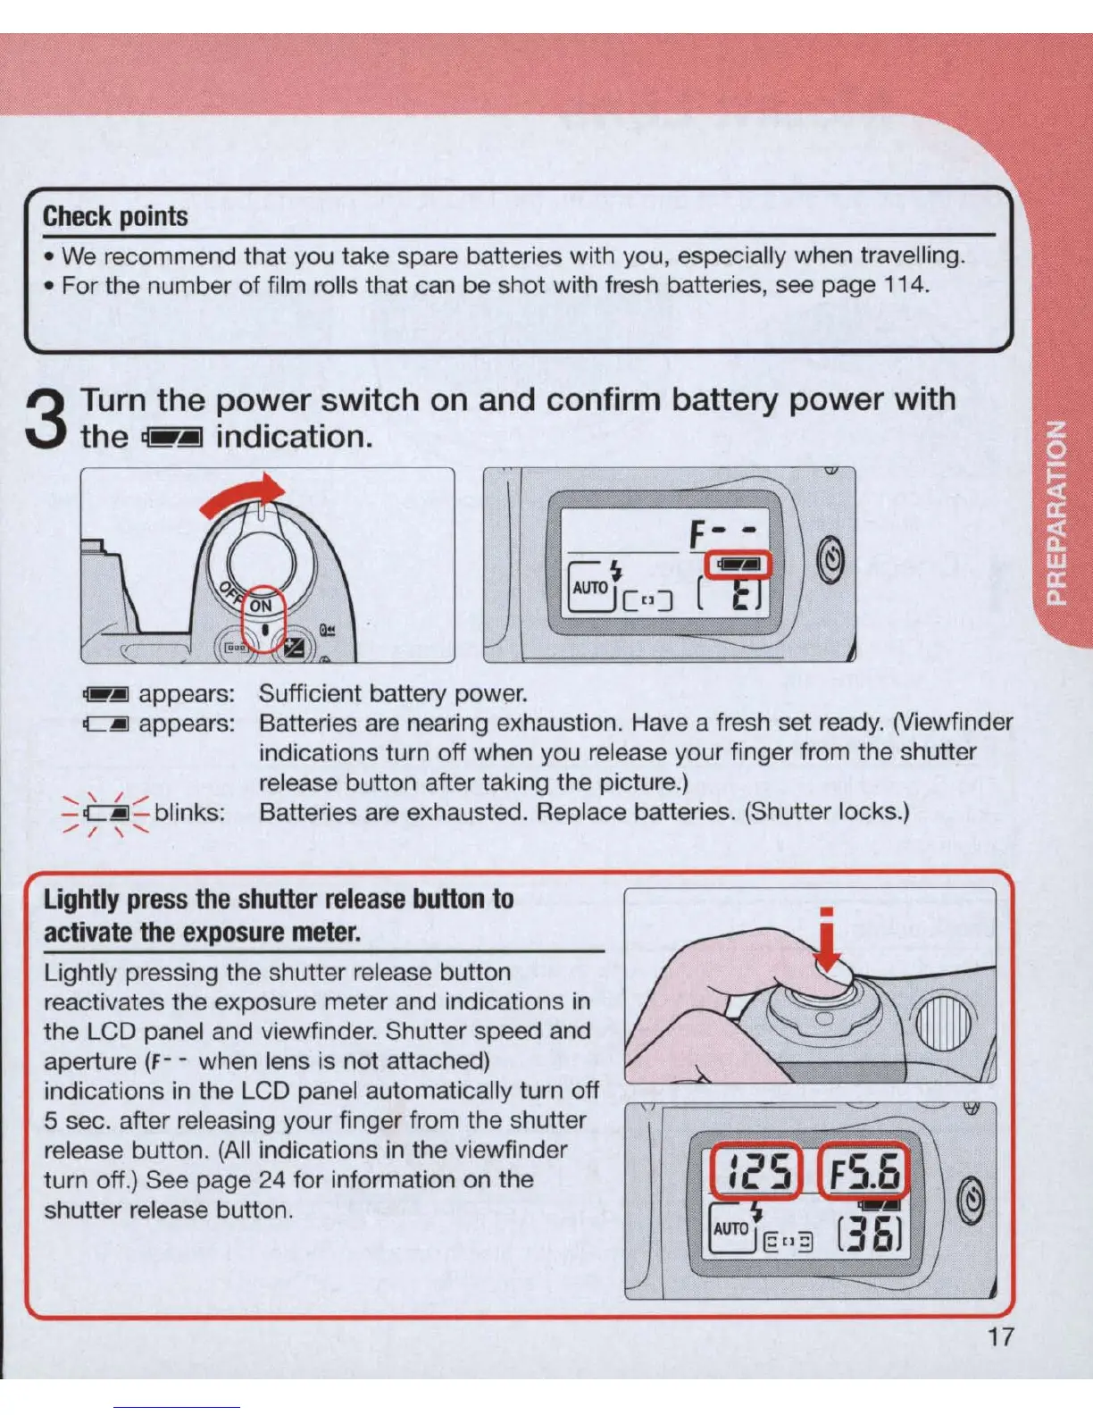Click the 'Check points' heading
(x=115, y=216)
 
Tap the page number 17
(x=1000, y=1336)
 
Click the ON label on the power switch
(x=261, y=606)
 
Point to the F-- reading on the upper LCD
(x=722, y=533)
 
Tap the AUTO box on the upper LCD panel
(x=590, y=588)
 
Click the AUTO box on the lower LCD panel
(x=730, y=1228)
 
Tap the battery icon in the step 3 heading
(x=172, y=438)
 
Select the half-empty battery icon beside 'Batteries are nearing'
(x=106, y=724)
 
